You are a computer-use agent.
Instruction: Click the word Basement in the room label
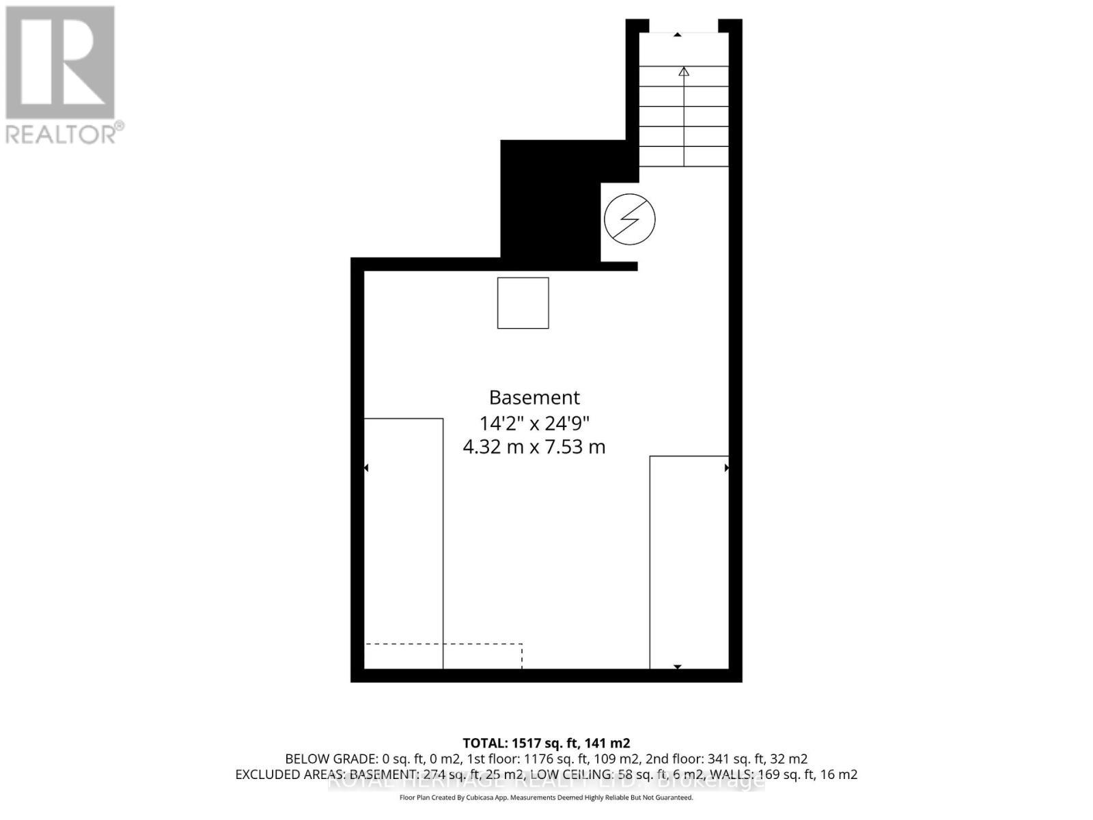pyautogui.click(x=534, y=397)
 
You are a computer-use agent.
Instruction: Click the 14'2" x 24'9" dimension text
pyautogui.click(x=534, y=422)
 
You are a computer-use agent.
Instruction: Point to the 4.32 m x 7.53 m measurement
pyautogui.click(x=534, y=447)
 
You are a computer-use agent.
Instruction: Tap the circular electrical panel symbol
pyautogui.click(x=629, y=219)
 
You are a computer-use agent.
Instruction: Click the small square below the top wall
pyautogui.click(x=523, y=303)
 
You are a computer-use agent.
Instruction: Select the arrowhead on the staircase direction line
pyautogui.click(x=684, y=71)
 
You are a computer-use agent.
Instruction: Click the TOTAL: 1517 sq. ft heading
pyautogui.click(x=546, y=743)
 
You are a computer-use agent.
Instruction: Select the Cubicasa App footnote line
pyautogui.click(x=546, y=797)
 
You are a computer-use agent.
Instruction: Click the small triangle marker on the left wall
pyautogui.click(x=366, y=468)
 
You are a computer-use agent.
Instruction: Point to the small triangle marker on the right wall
pyautogui.click(x=727, y=468)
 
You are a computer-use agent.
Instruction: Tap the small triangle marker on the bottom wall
pyautogui.click(x=678, y=666)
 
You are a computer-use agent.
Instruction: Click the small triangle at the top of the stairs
pyautogui.click(x=678, y=34)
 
